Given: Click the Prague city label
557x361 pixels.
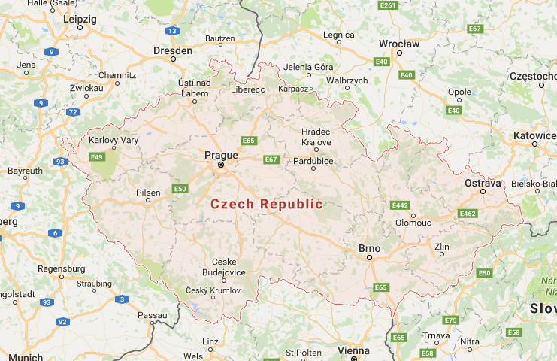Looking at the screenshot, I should point(221,155).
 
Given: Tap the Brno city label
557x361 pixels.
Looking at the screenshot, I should point(369,247).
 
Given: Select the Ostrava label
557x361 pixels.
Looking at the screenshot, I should point(483,182).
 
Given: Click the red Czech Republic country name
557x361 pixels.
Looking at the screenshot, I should point(266,204).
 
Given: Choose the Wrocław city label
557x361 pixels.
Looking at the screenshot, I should point(399,44).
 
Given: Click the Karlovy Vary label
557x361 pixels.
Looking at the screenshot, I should point(113,140).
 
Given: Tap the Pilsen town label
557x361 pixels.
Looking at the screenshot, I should point(148,193).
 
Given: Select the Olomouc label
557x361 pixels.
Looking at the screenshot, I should point(413,223).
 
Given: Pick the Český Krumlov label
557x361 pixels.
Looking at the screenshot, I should point(213,290).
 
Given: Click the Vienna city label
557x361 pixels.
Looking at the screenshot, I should point(354,350).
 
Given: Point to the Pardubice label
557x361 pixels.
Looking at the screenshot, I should point(313,160).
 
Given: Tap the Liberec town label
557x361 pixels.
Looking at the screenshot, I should point(248,89).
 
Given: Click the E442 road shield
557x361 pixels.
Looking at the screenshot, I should point(401,205).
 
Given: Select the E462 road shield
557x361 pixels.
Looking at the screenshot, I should point(468,214).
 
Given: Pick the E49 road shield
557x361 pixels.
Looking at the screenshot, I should point(96,156).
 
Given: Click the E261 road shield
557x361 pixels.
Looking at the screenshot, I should point(388,5).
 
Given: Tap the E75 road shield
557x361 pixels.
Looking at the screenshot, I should point(450,320).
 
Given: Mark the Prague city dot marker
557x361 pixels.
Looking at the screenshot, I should point(221,165).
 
